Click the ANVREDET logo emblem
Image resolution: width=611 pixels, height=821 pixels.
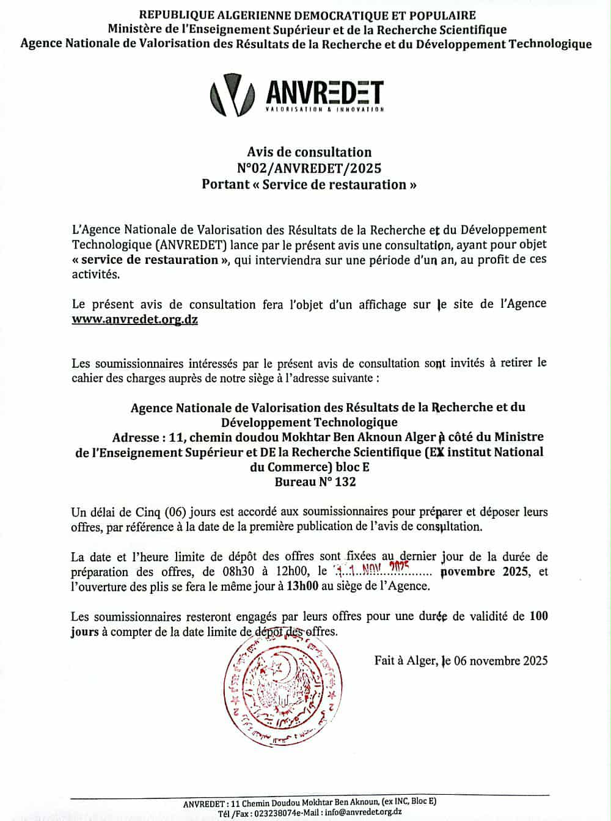[232, 95]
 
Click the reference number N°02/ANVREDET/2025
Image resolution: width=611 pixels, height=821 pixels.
[309, 168]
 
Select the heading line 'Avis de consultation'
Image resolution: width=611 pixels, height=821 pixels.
[309, 151]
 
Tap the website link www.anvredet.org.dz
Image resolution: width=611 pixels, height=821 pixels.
[134, 319]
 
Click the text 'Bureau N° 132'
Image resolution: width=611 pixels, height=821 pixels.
[315, 482]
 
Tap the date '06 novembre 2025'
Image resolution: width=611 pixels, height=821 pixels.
[500, 660]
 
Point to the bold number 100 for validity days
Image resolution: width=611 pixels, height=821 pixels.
[538, 616]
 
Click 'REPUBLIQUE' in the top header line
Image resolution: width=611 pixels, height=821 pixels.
[174, 15]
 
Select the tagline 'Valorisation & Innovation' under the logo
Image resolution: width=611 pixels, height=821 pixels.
[325, 110]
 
